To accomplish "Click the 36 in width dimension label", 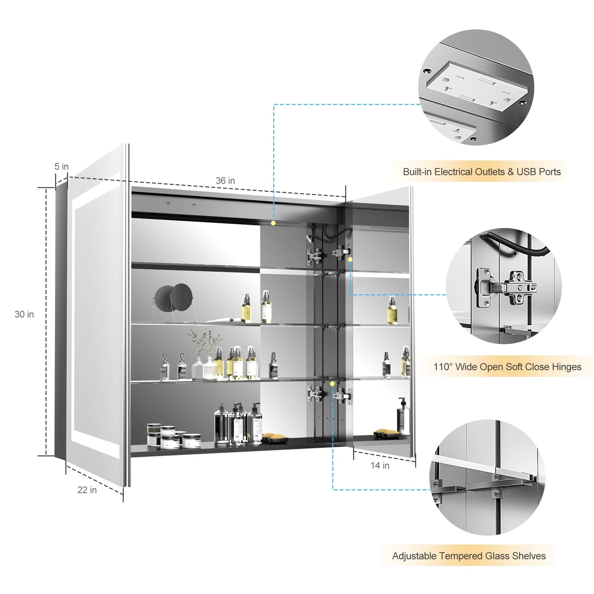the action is pyautogui.click(x=225, y=181).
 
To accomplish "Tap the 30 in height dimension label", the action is pyautogui.click(x=24, y=314).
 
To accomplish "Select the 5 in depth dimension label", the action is pyautogui.click(x=61, y=167).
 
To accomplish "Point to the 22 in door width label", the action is pyautogui.click(x=87, y=490).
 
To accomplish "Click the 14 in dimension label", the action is pyautogui.click(x=380, y=465).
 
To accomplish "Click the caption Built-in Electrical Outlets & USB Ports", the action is pyautogui.click(x=482, y=172).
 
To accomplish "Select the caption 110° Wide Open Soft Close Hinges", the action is pyautogui.click(x=507, y=367).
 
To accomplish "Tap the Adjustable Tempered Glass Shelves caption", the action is pyautogui.click(x=469, y=556).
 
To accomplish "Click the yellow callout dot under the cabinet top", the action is pyautogui.click(x=273, y=223).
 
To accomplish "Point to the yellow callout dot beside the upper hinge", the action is pyautogui.click(x=350, y=259).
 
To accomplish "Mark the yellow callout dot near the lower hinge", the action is pyautogui.click(x=332, y=384).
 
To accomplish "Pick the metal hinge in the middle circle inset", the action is pyautogui.click(x=505, y=287).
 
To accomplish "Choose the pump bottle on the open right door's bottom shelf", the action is pyautogui.click(x=403, y=416).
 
